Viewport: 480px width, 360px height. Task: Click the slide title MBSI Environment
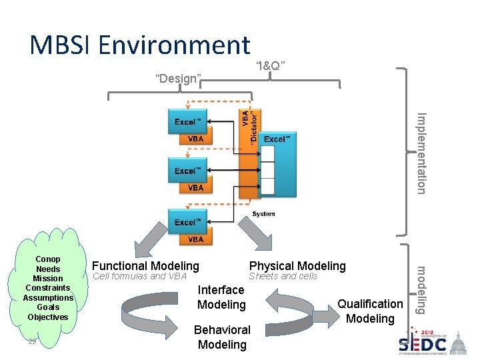coord(140,45)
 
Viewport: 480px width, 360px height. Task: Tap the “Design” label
coord(178,78)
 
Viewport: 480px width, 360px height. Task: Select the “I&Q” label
coord(271,65)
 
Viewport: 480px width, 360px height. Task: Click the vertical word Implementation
coord(421,153)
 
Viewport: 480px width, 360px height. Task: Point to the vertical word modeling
coord(421,289)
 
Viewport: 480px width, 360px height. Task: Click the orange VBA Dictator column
coord(249,153)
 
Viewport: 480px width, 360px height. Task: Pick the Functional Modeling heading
coord(145,266)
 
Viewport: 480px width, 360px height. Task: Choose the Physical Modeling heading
coord(297,266)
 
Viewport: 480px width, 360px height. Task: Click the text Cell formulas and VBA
coord(139,276)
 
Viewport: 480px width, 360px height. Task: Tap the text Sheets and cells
coord(283,276)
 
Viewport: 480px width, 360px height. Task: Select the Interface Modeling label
coord(221,297)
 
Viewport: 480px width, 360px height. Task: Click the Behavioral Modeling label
coord(222,337)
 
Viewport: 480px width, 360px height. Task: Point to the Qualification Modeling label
coord(370,311)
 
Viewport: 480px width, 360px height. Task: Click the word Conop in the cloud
coord(48,259)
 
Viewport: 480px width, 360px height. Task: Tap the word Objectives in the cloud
coord(48,317)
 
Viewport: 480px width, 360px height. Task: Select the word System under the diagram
coord(263,214)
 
